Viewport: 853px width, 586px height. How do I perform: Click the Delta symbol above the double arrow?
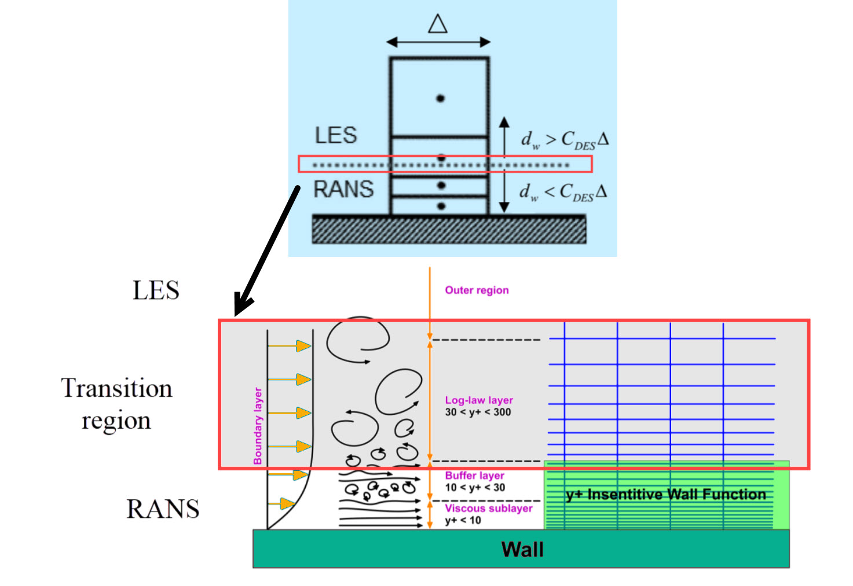(438, 24)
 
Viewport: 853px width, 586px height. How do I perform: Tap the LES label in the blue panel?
(336, 135)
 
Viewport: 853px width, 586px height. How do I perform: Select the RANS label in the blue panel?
(343, 189)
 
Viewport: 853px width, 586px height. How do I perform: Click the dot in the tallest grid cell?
(440, 98)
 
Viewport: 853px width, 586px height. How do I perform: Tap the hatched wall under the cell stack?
(449, 230)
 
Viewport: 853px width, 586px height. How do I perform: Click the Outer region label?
(477, 290)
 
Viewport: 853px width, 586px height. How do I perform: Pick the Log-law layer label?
(479, 400)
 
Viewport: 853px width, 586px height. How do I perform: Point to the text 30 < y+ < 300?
(478, 412)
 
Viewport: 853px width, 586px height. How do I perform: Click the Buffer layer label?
(474, 476)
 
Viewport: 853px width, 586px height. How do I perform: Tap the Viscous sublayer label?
(488, 508)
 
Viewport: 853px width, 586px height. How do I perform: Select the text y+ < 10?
(463, 521)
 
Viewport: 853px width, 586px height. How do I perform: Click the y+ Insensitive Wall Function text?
(666, 495)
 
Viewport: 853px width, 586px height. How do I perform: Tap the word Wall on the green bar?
(522, 550)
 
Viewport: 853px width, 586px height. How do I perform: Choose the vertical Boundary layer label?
(258, 426)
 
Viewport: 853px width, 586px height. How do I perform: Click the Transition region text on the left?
(116, 404)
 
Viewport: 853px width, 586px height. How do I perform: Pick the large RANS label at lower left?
(163, 509)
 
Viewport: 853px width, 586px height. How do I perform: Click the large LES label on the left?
(156, 290)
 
